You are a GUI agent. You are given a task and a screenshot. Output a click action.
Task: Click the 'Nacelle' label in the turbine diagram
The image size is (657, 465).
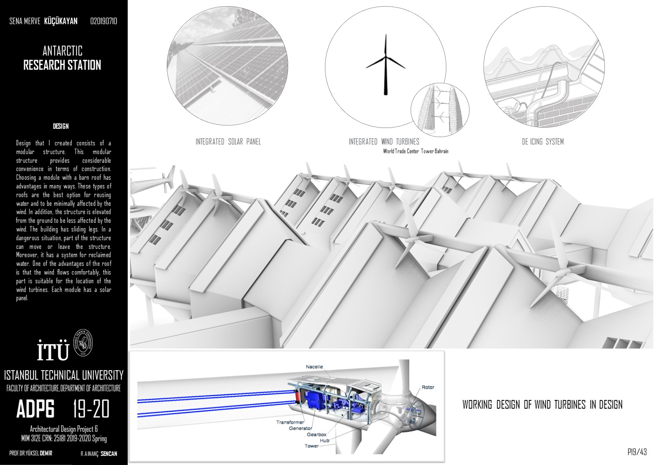click(314, 367)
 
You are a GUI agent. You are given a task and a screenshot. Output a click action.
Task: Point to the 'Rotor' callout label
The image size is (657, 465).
click(428, 387)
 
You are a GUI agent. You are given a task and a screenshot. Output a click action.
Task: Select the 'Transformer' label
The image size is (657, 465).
click(290, 422)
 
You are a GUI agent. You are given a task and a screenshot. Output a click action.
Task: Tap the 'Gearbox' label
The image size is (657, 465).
click(316, 434)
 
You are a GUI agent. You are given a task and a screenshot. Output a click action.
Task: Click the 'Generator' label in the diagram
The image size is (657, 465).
click(300, 428)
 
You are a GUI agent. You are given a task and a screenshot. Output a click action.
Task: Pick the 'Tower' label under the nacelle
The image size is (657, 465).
click(311, 446)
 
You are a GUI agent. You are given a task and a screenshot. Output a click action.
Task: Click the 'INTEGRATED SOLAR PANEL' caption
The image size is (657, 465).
click(228, 142)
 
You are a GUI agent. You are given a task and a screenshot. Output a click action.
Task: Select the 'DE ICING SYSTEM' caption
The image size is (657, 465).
click(543, 142)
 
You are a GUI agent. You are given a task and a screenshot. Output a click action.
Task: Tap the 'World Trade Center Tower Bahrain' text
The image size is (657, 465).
click(416, 152)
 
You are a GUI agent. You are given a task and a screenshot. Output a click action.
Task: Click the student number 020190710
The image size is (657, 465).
click(103, 21)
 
